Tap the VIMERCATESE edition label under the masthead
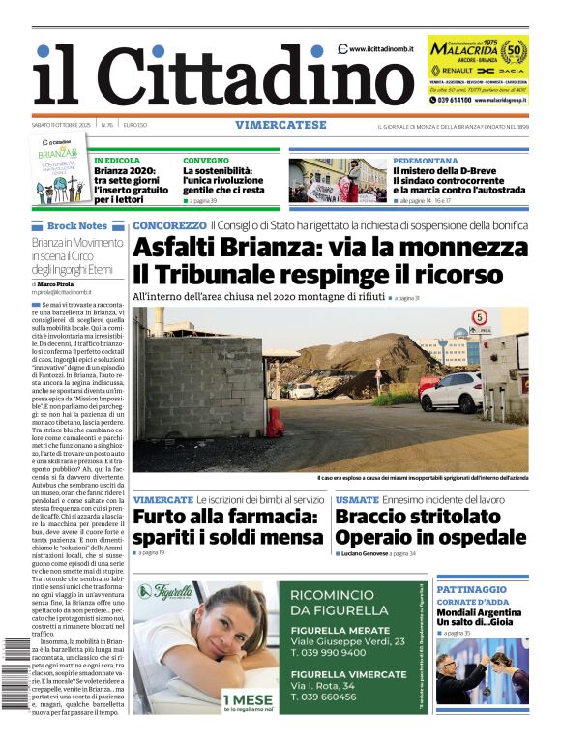(x=280, y=126)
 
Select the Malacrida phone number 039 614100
(x=455, y=100)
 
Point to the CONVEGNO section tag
(x=206, y=160)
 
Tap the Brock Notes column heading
(x=77, y=225)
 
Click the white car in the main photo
(x=452, y=392)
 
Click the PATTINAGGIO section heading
(x=471, y=589)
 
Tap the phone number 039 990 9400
(x=330, y=653)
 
